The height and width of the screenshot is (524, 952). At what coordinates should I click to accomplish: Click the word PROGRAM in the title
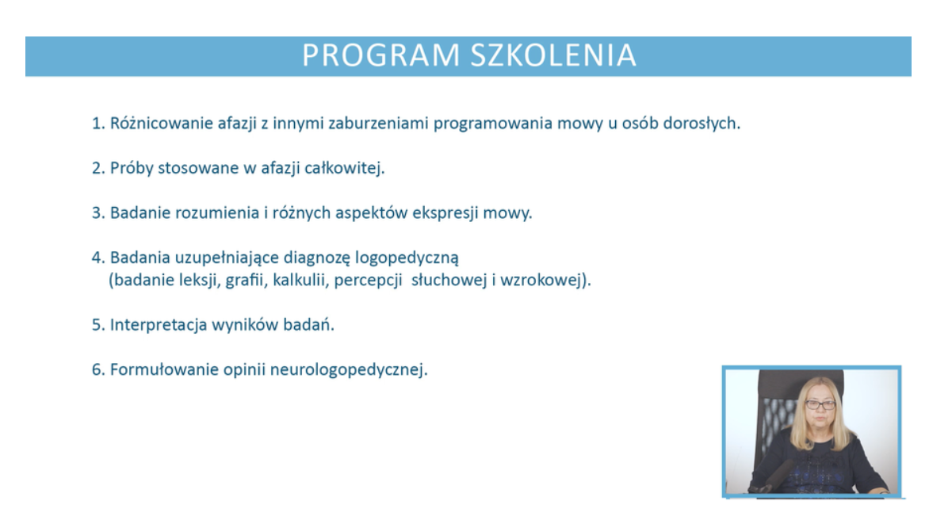380,55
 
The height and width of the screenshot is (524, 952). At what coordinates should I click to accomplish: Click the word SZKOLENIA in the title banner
554,55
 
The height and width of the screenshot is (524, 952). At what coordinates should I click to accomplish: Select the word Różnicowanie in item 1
162,123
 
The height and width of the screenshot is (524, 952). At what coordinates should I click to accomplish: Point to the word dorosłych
702,123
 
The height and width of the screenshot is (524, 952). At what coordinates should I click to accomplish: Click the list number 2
98,168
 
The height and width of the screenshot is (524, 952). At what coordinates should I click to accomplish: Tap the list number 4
98,258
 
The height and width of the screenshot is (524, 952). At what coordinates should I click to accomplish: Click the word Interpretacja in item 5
159,325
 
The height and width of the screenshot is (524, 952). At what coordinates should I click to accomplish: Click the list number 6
98,369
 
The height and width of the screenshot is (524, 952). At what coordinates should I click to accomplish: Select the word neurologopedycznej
349,370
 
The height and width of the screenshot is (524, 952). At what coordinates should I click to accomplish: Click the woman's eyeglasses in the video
820,404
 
